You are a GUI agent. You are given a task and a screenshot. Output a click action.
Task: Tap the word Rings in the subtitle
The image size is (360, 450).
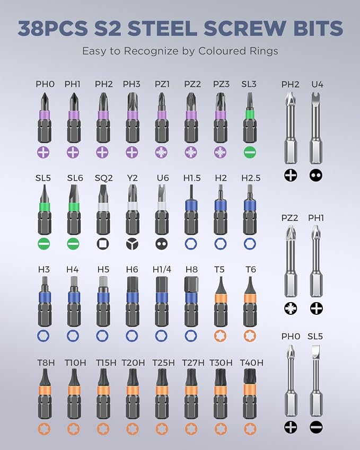[262, 51]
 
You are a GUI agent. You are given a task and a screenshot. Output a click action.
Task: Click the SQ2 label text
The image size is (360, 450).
[103, 178]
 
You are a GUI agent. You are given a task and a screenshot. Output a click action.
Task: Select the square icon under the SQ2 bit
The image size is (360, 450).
[102, 244]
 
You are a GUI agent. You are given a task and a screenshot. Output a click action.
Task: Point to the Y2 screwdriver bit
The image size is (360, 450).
[133, 209]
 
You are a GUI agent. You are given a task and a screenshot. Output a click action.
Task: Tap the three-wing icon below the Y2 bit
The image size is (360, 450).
[132, 244]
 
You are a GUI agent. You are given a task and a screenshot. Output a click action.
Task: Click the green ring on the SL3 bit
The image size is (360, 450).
[250, 113]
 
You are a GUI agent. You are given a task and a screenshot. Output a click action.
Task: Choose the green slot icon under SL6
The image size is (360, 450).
[73, 244]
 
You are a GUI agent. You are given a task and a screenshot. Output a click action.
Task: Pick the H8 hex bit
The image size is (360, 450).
[191, 302]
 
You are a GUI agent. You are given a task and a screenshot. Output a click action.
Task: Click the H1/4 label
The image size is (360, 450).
[162, 269]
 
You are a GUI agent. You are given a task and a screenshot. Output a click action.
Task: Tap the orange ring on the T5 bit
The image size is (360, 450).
[221, 298]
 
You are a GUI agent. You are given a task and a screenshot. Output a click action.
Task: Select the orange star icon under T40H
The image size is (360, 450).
[250, 429]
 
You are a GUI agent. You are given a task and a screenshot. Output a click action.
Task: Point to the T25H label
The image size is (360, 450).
[163, 363]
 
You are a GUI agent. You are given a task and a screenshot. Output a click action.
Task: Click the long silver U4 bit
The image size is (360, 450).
[316, 129]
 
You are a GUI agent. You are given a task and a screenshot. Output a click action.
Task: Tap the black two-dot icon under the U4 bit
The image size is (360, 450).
[316, 175]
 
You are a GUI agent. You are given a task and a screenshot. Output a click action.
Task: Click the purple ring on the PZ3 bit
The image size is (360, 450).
[221, 116]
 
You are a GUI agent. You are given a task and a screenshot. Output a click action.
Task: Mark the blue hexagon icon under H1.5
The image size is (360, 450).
[191, 244]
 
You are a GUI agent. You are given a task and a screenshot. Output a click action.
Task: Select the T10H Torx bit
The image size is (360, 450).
[74, 394]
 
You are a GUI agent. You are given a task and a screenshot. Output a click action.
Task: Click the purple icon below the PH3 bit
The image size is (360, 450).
[132, 152]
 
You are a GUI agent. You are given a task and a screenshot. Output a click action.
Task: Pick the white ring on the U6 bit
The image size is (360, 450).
[162, 206]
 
